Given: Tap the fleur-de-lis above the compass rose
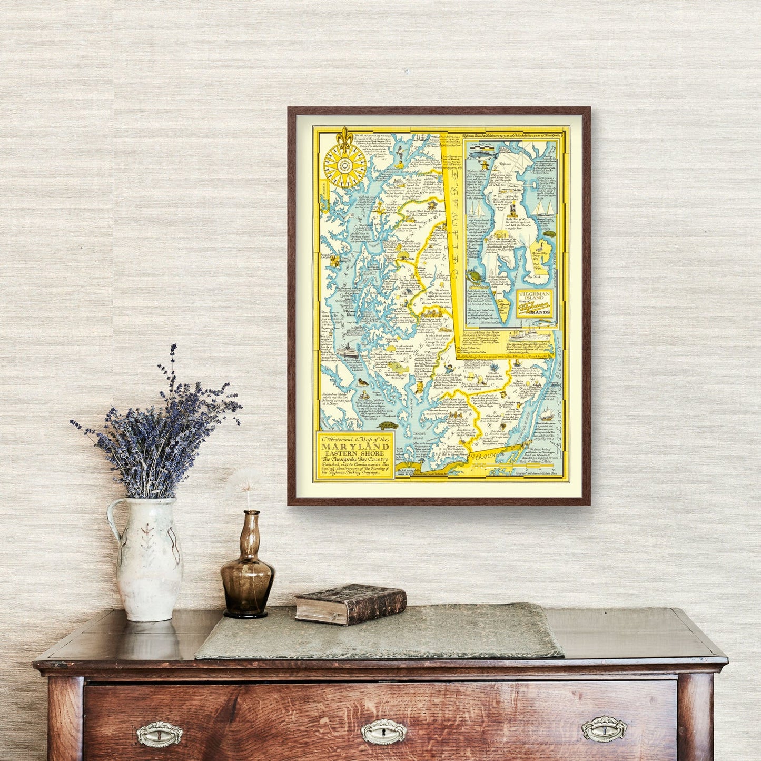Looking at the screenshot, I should (x=345, y=136).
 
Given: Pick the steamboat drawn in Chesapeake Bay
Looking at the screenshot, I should (x=351, y=352).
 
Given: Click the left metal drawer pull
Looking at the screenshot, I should (x=159, y=734).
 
